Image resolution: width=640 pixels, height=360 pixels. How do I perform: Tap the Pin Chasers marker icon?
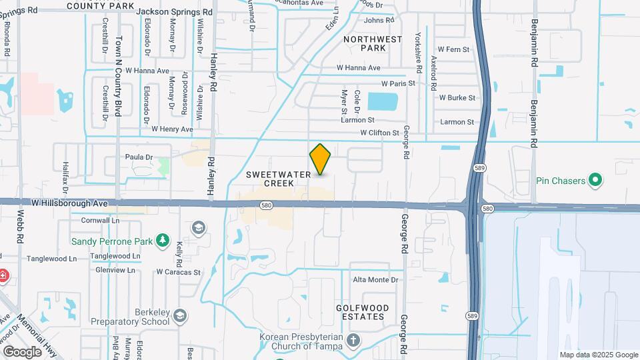597,180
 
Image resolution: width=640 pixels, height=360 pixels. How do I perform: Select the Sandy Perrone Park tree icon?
162,239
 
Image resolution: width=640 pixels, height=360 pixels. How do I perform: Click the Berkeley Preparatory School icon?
179,315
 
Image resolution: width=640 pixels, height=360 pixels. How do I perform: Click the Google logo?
23,351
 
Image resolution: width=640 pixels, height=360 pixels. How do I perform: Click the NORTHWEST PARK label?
373,43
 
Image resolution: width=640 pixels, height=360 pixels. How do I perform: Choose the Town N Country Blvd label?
119,77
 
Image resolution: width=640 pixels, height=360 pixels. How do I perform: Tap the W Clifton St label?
383,133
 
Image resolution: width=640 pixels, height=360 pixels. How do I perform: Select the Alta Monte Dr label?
375,280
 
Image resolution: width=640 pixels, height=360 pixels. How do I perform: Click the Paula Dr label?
139,157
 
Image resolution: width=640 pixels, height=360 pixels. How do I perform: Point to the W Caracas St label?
178,272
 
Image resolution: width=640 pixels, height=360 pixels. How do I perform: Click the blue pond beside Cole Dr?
382,102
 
